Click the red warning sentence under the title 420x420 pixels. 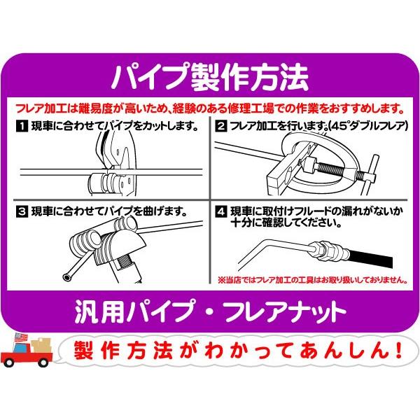point(210,108)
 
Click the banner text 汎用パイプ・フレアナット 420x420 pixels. point(210,309)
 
